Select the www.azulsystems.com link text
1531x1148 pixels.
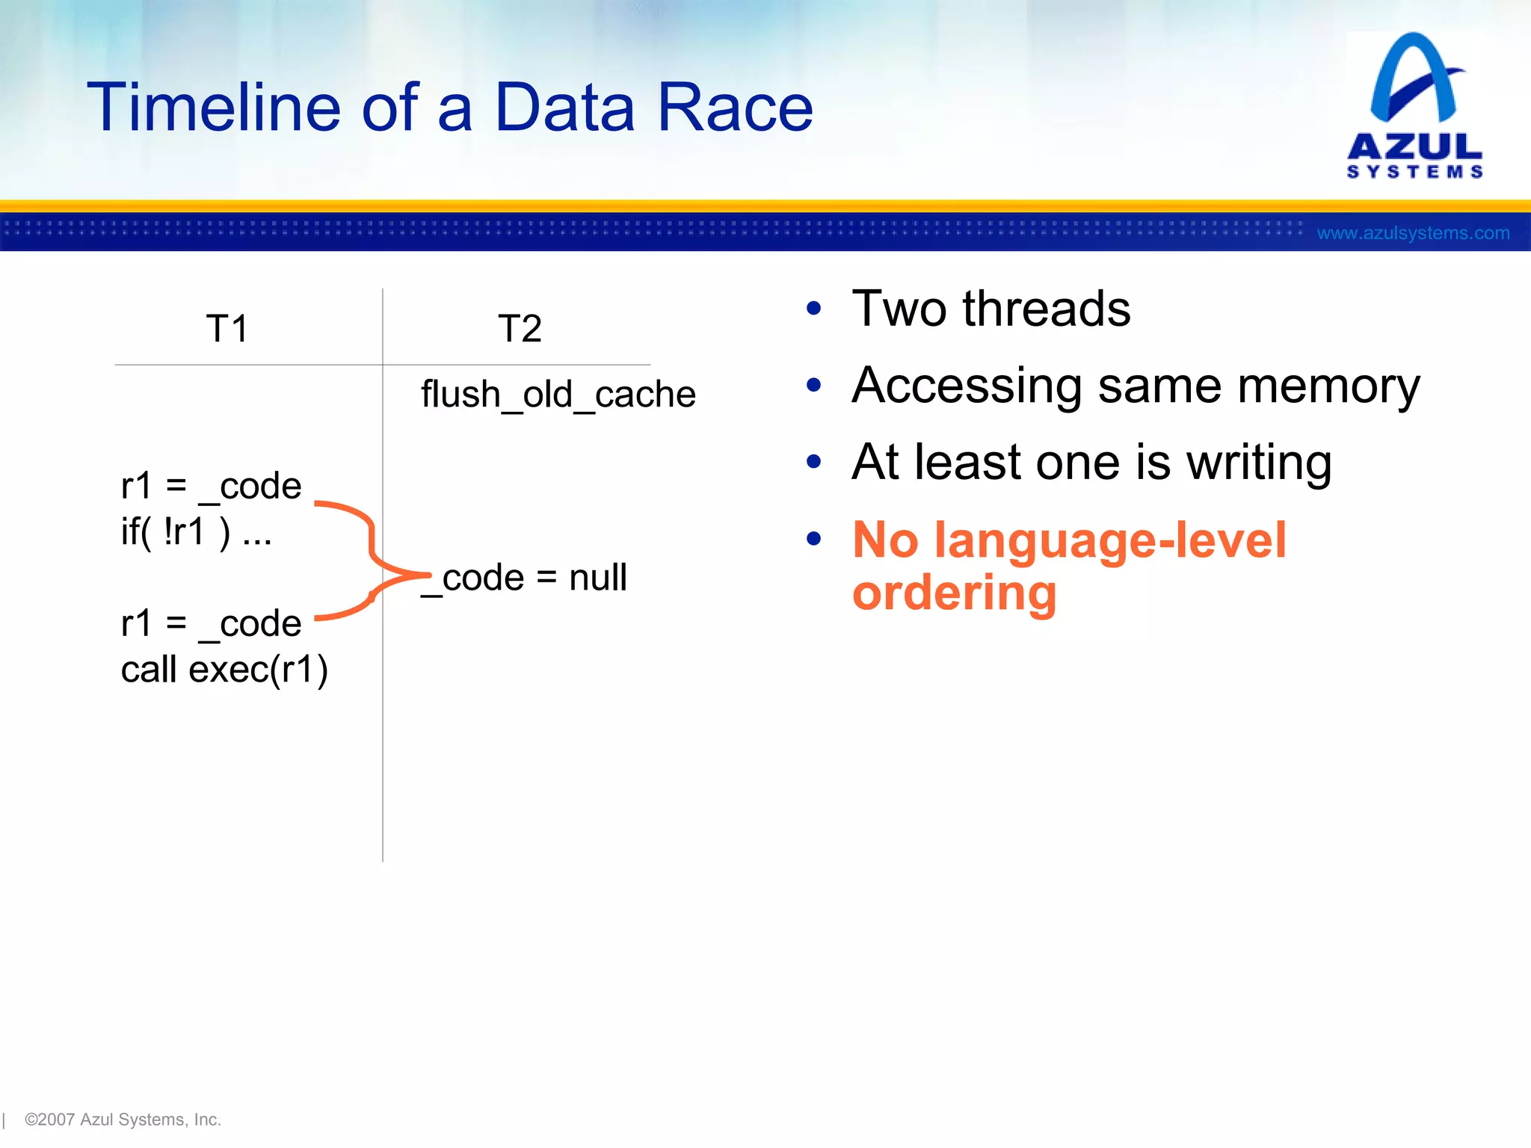coord(1413,233)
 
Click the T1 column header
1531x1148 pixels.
coord(227,329)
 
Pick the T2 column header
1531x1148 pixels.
coord(520,329)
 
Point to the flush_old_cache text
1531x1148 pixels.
coord(558,395)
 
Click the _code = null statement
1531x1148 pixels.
coord(525,578)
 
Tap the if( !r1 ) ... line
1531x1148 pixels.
coord(196,532)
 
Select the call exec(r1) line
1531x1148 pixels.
coord(224,669)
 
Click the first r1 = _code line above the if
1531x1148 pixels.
coord(211,487)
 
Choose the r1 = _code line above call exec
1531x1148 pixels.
coord(211,623)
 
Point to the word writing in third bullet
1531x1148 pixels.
coord(1259,463)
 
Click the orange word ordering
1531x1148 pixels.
coord(955,593)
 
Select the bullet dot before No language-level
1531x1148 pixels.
coord(814,538)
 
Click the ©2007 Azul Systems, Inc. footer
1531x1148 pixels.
coord(123,1120)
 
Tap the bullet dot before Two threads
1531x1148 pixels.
coord(814,309)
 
